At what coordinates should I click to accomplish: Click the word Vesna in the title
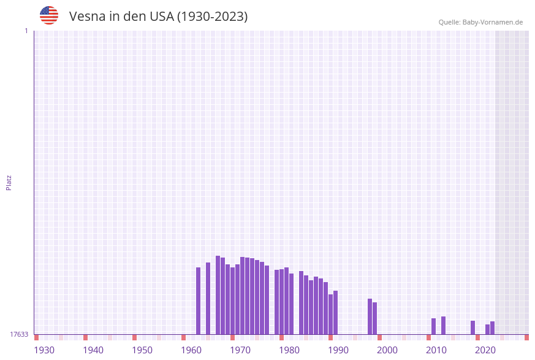point(86,17)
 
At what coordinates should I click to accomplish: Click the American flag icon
point(49,15)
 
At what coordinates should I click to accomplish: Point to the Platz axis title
point(9,182)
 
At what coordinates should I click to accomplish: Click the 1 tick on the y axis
point(26,31)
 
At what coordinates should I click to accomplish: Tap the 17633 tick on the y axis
point(19,334)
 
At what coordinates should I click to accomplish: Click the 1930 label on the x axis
point(44,350)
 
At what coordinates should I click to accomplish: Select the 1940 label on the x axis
point(93,350)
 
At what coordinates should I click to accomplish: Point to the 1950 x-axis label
point(142,350)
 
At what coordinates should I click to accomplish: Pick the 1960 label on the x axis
point(191,350)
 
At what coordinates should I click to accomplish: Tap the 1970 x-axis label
point(240,350)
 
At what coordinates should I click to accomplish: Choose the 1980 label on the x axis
point(289,350)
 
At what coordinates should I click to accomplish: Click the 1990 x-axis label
point(338,350)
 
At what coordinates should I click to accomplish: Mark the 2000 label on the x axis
point(387,350)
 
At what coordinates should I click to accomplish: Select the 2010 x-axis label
point(436,350)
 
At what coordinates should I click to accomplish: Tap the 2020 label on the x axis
point(485,350)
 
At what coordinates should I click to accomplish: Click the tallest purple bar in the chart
point(218,295)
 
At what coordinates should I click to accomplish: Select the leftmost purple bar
point(198,301)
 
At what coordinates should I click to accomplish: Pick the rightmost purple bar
point(492,327)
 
